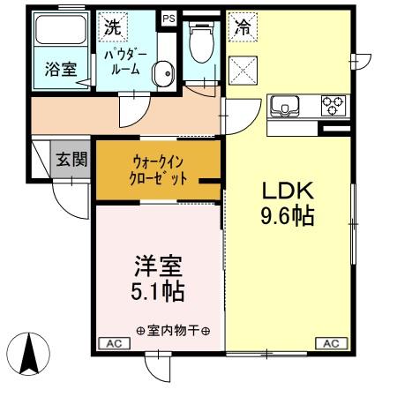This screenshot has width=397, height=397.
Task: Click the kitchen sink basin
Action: pos(286,106)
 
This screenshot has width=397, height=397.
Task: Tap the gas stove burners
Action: pos(333,105)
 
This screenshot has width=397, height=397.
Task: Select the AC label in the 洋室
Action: pos(113,342)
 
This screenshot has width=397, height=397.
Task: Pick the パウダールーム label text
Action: pos(124,62)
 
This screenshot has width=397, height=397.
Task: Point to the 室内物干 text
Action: pos(172,331)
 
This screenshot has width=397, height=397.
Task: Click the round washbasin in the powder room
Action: pos(161,73)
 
